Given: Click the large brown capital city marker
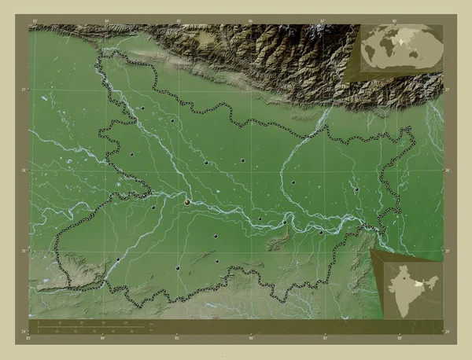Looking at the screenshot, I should (187, 202).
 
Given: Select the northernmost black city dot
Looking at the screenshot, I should (142, 108).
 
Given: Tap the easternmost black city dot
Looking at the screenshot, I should (356, 189).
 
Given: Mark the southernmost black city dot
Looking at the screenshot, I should (179, 269).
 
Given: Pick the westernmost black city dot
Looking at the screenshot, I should (118, 260).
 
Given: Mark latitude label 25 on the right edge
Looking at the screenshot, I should (446, 251).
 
